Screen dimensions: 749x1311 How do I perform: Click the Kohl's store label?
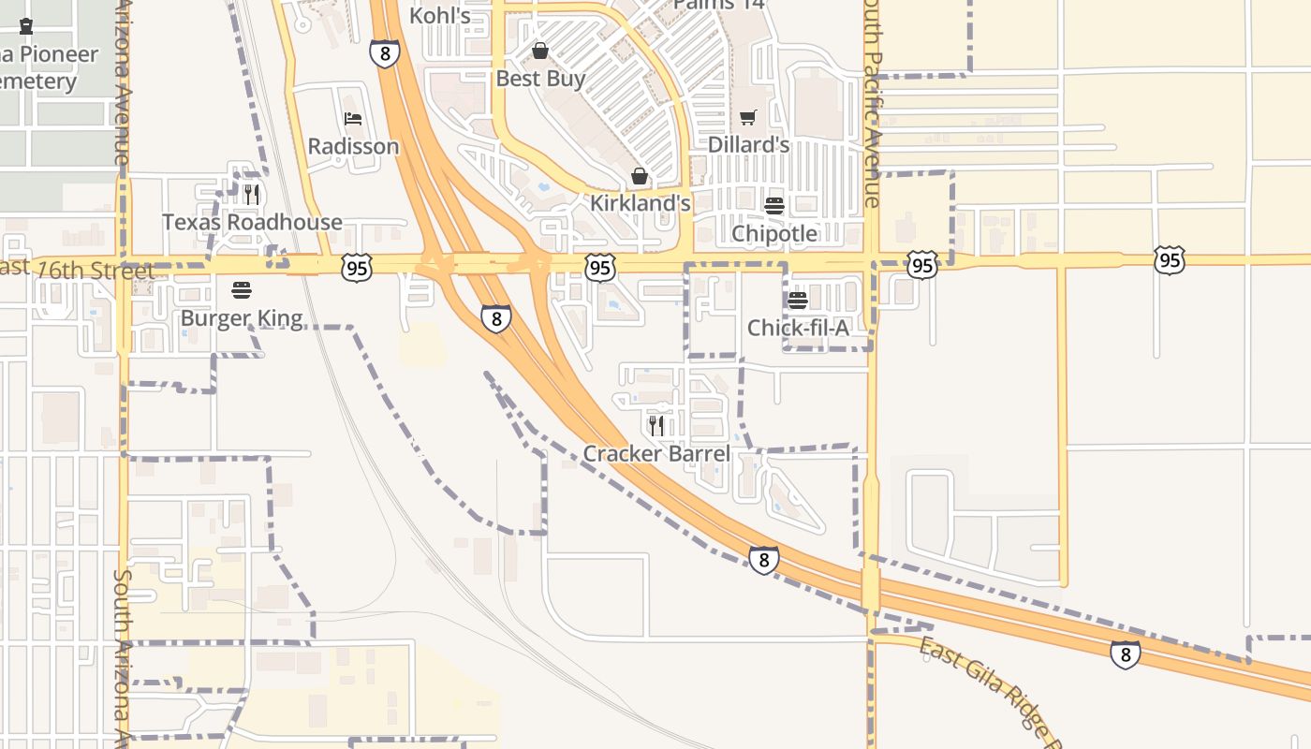coord(440,16)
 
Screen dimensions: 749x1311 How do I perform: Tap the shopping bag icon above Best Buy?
coord(540,51)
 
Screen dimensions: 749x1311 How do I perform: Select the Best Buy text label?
coord(540,79)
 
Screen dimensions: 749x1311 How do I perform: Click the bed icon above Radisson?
coord(353,119)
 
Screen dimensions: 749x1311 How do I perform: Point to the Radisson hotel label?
coord(353,147)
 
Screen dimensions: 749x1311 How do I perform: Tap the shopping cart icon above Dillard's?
coord(747,118)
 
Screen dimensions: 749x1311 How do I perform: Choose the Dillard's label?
coord(748,145)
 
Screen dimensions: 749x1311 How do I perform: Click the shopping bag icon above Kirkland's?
coord(640,176)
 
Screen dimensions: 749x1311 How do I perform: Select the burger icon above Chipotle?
coord(774,206)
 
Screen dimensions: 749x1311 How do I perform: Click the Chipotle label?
coord(774,233)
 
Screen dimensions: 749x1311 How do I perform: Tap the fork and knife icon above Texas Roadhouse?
coord(251,195)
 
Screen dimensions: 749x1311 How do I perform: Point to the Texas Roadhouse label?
coord(252,222)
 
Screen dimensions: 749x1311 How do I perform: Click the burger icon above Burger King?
coord(242,290)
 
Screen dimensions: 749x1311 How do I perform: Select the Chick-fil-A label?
coord(798,328)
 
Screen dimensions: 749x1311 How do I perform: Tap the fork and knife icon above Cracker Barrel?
coord(656,426)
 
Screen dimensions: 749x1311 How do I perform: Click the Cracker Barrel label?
coord(656,454)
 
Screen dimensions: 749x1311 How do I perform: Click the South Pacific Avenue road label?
coord(871,103)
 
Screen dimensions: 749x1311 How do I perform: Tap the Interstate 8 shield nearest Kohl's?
coord(385,53)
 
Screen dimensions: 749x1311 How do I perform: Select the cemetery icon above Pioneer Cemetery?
coord(26,27)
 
